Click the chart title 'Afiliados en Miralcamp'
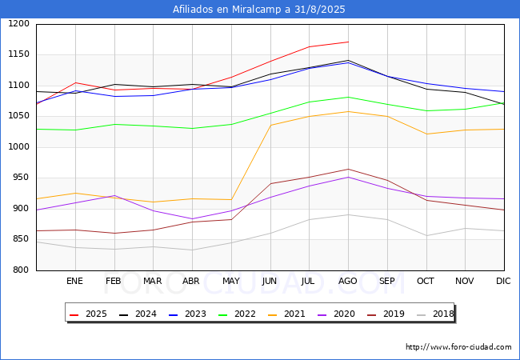point(259,10)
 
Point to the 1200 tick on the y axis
point(19,24)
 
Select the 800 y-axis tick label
point(22,270)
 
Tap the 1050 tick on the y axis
point(19,117)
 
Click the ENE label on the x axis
point(74,282)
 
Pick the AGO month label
point(348,282)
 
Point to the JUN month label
point(270,282)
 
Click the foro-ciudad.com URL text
point(458,347)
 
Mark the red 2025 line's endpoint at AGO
point(348,42)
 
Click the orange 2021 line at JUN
point(270,125)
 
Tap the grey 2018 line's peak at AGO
point(348,214)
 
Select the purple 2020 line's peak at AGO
point(348,177)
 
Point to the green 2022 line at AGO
point(348,98)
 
